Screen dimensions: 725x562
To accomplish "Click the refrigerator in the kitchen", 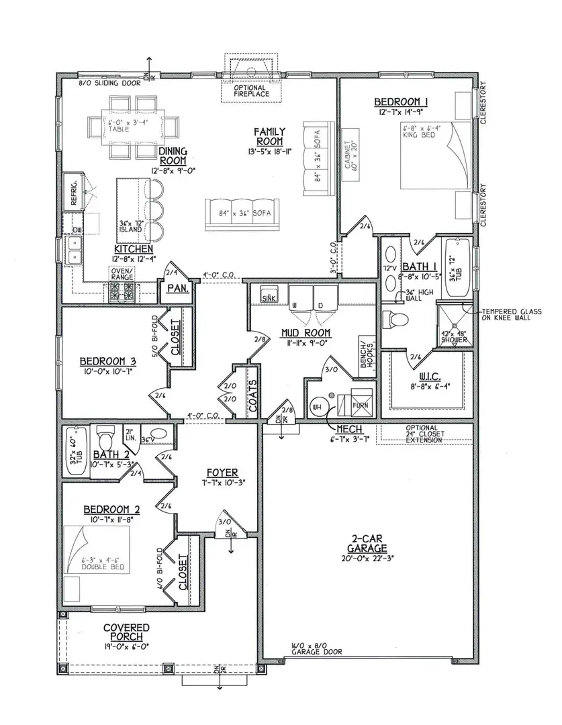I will [73, 191].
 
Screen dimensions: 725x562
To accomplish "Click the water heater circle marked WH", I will [318, 405].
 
